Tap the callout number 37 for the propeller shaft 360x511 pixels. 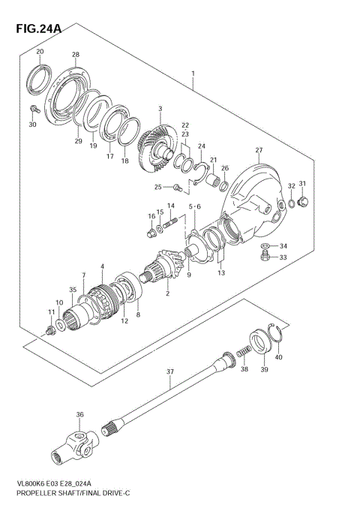pyautogui.click(x=170, y=371)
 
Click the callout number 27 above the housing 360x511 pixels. pyautogui.click(x=259, y=151)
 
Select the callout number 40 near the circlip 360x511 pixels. pyautogui.click(x=279, y=357)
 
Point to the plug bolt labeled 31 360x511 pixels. pyautogui.click(x=304, y=201)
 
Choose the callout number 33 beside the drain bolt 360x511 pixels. pyautogui.click(x=283, y=257)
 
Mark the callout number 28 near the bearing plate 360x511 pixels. pyautogui.click(x=75, y=55)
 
